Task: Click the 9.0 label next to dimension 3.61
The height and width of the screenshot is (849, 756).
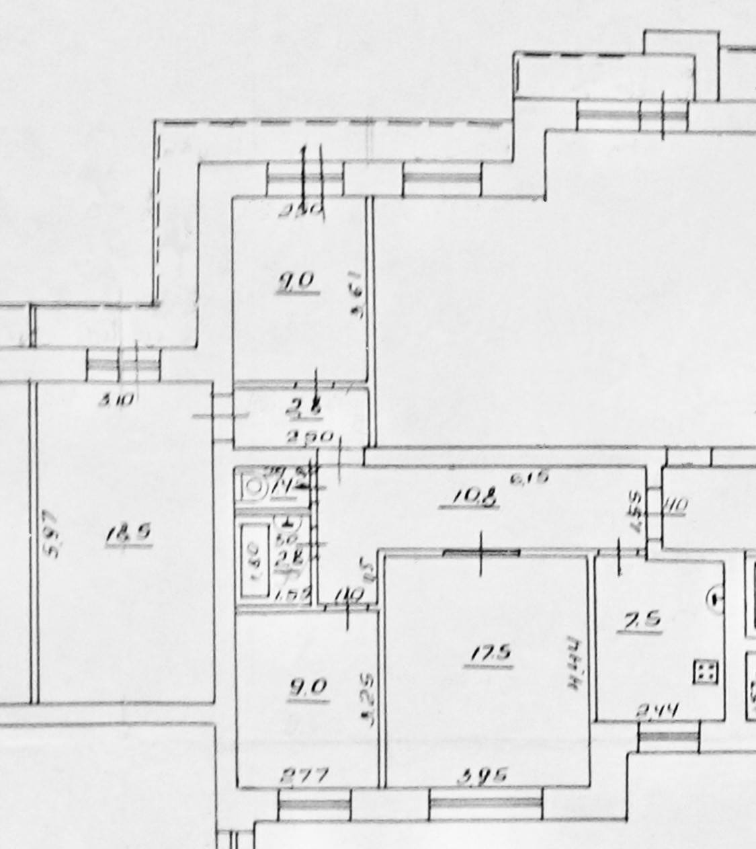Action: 296,282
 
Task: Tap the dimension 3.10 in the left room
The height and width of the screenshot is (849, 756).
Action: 116,401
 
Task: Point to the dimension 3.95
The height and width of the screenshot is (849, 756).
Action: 481,777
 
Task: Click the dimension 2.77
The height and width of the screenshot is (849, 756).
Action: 304,776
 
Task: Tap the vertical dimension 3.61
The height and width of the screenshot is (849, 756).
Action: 358,294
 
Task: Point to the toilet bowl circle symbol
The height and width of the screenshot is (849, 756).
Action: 255,487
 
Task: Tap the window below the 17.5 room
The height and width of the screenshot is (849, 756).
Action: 485,804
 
